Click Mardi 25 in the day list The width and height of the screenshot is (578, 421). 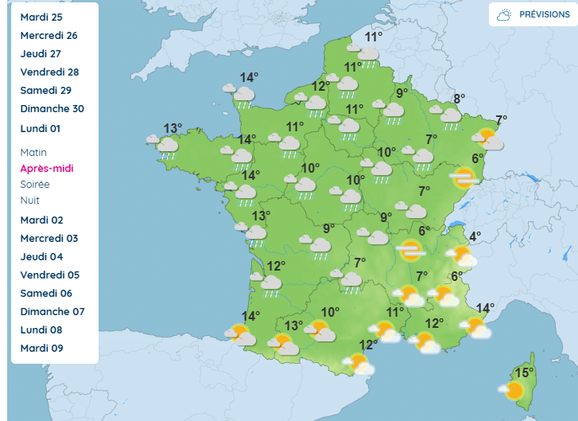41,17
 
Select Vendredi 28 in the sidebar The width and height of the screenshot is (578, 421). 49,72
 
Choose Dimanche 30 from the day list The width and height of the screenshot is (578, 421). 52,109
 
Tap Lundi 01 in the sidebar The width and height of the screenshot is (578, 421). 41,128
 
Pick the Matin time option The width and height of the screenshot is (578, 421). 33,152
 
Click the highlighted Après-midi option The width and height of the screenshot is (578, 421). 46,168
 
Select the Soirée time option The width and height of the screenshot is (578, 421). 35,184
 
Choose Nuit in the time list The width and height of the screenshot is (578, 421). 30,200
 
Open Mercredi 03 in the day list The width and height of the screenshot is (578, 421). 49,238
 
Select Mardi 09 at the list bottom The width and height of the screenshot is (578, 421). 41,348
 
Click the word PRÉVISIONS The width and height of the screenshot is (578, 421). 545,14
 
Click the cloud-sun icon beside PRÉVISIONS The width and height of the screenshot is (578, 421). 504,14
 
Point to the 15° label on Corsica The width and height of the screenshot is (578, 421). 524,372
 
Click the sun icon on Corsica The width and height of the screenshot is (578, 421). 513,390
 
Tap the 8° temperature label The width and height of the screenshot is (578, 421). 459,99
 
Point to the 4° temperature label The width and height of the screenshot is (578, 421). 475,236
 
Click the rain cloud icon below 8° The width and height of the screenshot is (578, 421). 451,115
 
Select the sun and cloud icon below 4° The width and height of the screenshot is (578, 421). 462,255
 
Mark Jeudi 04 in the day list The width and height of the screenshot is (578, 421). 41,256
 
